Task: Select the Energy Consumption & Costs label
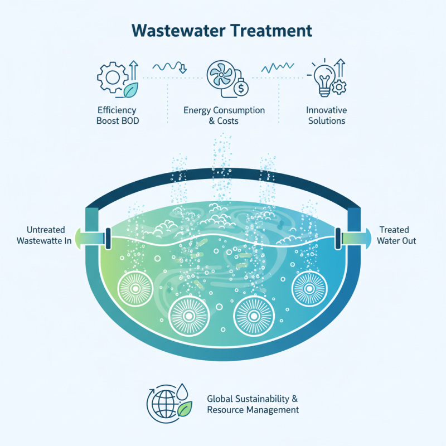tap(224, 115)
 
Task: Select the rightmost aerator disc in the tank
tap(307, 287)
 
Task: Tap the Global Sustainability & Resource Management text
tap(253, 404)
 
